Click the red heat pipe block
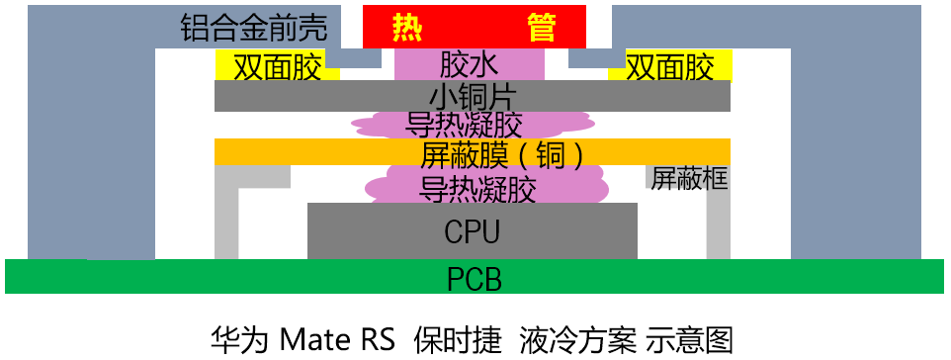(x=475, y=26)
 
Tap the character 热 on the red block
(x=407, y=27)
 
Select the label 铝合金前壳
(x=254, y=28)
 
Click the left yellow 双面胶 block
(x=277, y=66)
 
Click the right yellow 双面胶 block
(x=669, y=66)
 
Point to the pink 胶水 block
(x=470, y=64)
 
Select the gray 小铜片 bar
(x=473, y=96)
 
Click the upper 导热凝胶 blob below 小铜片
(x=472, y=125)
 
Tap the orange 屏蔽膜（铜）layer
(x=473, y=151)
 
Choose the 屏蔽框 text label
(x=689, y=178)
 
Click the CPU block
(x=473, y=230)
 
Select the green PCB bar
(x=475, y=277)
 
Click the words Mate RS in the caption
(x=337, y=340)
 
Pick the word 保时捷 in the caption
(x=459, y=340)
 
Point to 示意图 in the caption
(x=690, y=340)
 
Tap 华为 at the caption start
(x=240, y=340)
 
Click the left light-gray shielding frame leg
(x=226, y=213)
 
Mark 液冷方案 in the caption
(x=577, y=340)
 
